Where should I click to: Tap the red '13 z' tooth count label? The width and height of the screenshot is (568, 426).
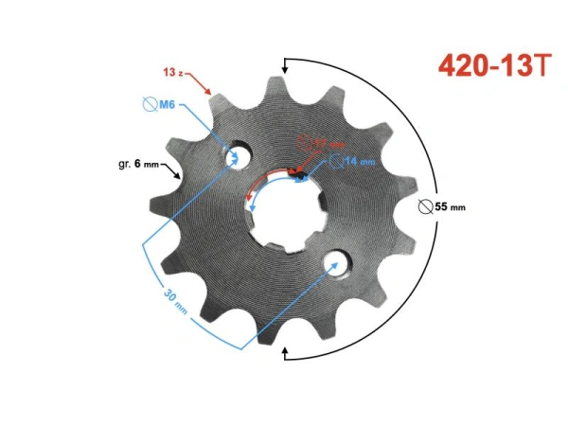[x=173, y=72]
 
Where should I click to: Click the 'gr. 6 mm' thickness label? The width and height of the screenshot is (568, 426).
[x=138, y=165]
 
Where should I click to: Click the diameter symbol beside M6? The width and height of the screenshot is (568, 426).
[x=148, y=104]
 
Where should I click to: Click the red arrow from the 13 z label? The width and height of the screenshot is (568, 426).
[x=201, y=84]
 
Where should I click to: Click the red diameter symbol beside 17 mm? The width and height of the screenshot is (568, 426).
[x=303, y=144]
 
